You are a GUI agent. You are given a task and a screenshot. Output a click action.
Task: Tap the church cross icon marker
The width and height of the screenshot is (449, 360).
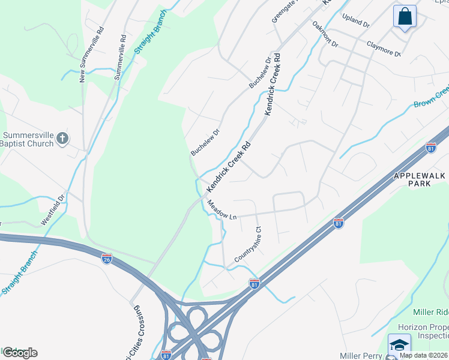[x=62, y=140]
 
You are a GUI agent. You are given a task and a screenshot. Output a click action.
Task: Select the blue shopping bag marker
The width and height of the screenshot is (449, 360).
[x=405, y=16]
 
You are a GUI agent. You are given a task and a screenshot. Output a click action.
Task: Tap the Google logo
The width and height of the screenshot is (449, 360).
[x=19, y=353]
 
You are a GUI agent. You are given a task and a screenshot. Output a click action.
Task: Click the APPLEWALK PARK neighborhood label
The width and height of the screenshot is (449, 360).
[x=421, y=179]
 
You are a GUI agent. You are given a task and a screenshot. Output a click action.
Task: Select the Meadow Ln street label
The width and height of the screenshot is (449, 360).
[x=222, y=210]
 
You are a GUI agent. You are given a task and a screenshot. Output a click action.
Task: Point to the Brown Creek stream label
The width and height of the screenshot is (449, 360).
[x=431, y=97]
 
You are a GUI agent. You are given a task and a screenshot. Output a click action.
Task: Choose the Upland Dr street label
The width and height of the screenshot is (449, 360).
[x=356, y=20]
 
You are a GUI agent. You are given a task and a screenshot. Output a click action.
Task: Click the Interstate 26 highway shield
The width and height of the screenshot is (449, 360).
[x=106, y=259]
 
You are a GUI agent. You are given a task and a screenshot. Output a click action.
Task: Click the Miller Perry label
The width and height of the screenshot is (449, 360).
[x=361, y=355]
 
